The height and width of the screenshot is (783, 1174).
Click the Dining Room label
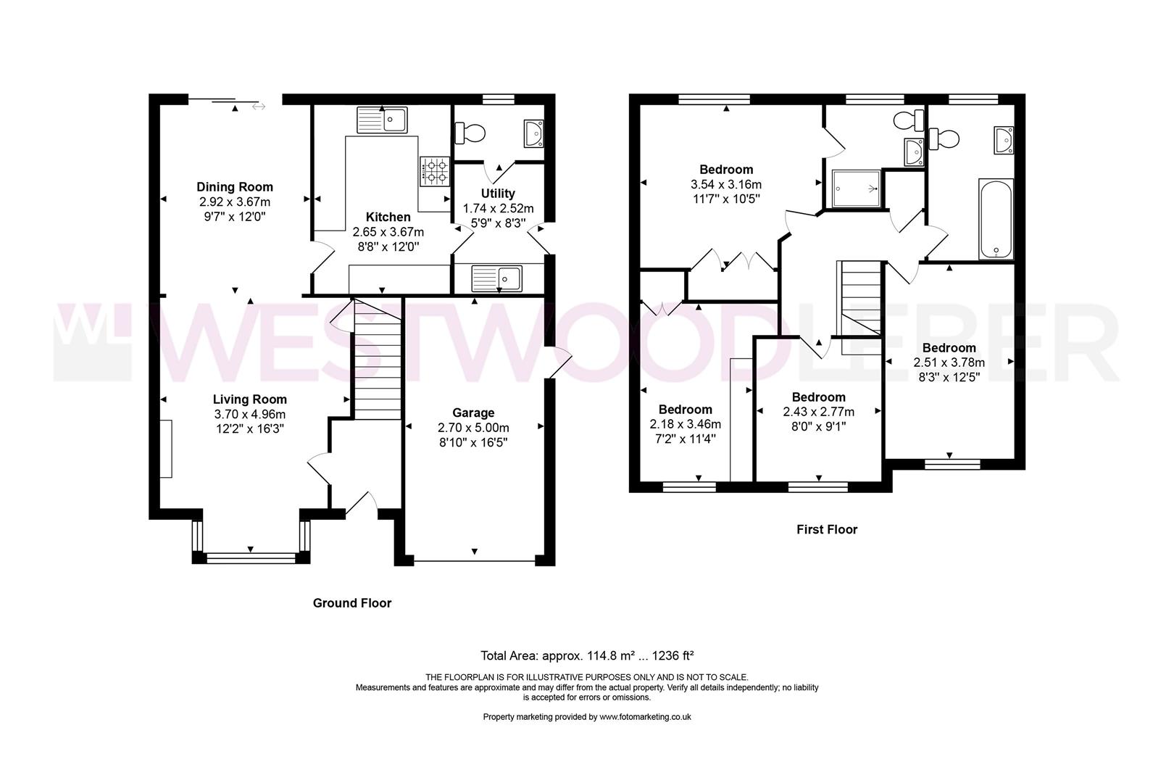click(234, 187)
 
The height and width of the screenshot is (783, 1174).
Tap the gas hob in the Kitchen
click(435, 171)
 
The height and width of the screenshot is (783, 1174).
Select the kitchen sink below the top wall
click(381, 120)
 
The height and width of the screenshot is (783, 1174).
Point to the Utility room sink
click(496, 278)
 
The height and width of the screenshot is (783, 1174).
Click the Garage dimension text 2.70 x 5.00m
click(473, 428)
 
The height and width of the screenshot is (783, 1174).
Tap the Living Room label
click(249, 399)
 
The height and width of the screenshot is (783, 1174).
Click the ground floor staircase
click(378, 360)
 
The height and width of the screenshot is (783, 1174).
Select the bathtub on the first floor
click(996, 219)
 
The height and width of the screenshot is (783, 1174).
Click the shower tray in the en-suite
click(857, 188)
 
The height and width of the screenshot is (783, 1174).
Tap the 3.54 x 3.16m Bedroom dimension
click(726, 184)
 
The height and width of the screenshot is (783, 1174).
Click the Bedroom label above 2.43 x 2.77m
click(819, 397)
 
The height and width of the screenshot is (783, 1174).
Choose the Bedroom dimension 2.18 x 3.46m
click(685, 423)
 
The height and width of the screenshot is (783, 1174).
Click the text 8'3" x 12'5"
click(949, 377)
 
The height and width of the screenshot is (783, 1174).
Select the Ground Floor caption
click(352, 603)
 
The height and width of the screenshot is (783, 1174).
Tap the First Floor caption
click(827, 529)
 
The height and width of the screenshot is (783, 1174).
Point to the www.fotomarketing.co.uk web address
click(645, 717)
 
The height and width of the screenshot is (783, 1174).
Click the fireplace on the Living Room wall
click(166, 448)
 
